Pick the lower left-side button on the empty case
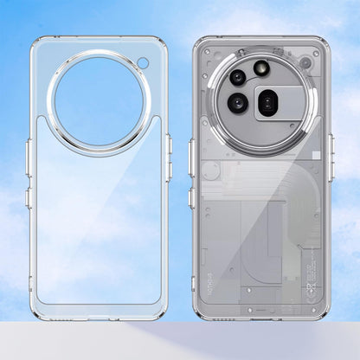coord(29,197)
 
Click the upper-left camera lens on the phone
coord(237,76)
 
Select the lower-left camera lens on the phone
coord(238,104)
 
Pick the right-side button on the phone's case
coord(331,146)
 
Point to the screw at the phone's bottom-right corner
coord(313,306)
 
